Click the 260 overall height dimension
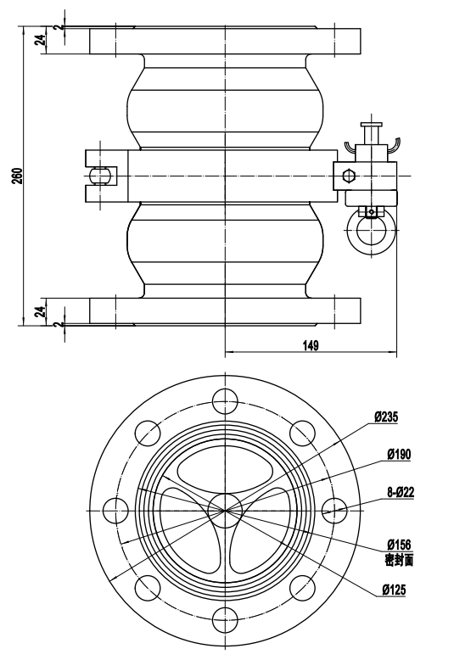coord(17,176)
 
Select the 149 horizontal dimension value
coord(311,345)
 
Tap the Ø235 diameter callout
coord(386,417)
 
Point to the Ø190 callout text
coord(399,455)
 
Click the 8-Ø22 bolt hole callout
coord(401,492)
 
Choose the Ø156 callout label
coord(399,545)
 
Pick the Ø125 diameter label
coord(395,590)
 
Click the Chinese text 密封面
coord(399,560)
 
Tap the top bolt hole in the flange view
coord(226,401)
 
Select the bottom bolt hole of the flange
coord(226,619)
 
